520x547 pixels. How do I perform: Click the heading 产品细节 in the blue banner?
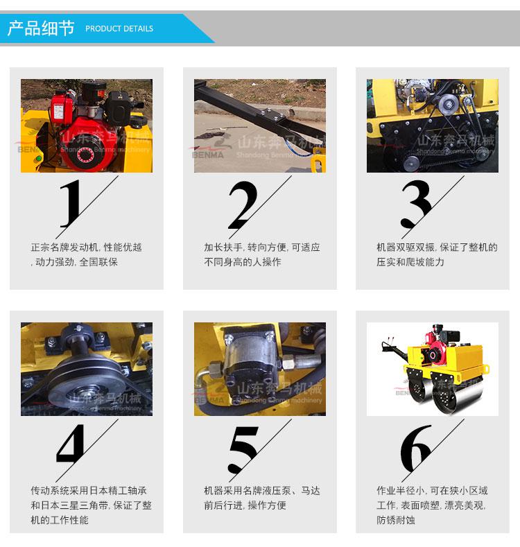pos(41,28)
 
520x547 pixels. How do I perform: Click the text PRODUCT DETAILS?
pos(119,28)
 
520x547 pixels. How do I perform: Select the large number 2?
pos(243,205)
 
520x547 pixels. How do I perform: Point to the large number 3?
pos(415,204)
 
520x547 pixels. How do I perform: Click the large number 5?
pos(243,449)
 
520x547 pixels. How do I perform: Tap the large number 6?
pos(415,449)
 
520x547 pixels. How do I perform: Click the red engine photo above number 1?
pos(87,125)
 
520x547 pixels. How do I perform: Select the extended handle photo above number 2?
pos(260,125)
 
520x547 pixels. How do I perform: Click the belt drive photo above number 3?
pos(433,125)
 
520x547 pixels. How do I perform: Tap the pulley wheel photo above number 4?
pos(87,369)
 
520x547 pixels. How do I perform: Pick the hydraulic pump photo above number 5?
pos(260,369)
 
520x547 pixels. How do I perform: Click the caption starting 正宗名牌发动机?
pos(86,254)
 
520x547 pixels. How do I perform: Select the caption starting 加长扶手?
pos(262,254)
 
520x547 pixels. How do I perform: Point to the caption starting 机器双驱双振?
pos(437,254)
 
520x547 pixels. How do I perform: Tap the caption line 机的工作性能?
pos(60,520)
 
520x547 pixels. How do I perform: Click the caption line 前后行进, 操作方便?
pos(245,505)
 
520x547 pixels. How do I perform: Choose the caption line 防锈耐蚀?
pos(396,520)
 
